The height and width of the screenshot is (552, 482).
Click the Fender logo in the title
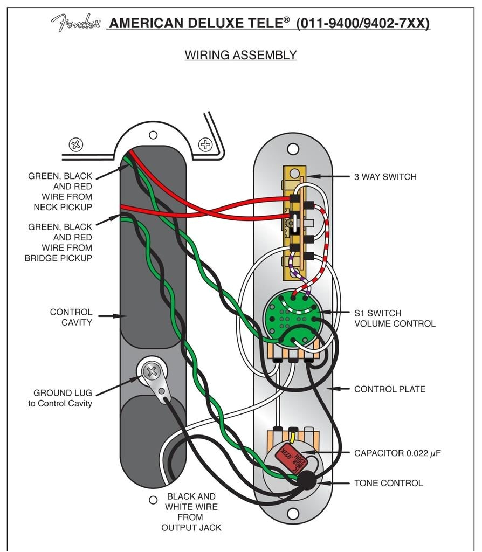[75, 23]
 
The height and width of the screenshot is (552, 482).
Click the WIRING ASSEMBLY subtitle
[240, 55]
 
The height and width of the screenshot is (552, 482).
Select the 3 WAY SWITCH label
[385, 177]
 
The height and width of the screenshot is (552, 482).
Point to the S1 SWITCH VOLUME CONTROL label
[394, 318]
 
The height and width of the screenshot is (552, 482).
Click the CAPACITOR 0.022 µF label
[397, 453]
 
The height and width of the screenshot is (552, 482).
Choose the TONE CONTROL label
[388, 483]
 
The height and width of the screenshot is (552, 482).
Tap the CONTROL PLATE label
[389, 389]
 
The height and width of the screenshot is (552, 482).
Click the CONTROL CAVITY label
[71, 317]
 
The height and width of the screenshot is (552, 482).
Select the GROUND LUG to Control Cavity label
[60, 398]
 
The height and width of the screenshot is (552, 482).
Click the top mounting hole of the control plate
[293, 149]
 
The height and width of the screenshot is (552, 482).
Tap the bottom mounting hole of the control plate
[293, 513]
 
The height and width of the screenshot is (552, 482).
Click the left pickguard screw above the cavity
[76, 144]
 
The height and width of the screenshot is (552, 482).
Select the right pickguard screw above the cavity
[205, 144]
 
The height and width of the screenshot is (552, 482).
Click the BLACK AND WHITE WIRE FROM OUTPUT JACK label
[191, 512]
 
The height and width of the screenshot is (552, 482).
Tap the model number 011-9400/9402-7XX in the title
[363, 23]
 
